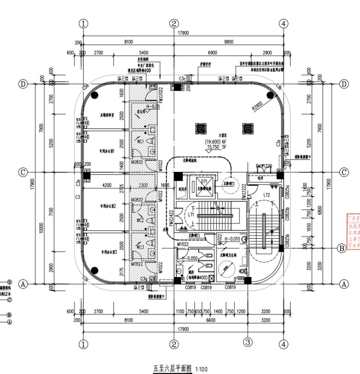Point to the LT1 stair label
coord(190,215)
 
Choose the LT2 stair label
coord(266,195)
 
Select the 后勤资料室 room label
coord(108,115)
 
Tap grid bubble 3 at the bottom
coord(248,342)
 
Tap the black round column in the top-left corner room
coord(95,95)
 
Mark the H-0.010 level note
coord(229,239)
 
